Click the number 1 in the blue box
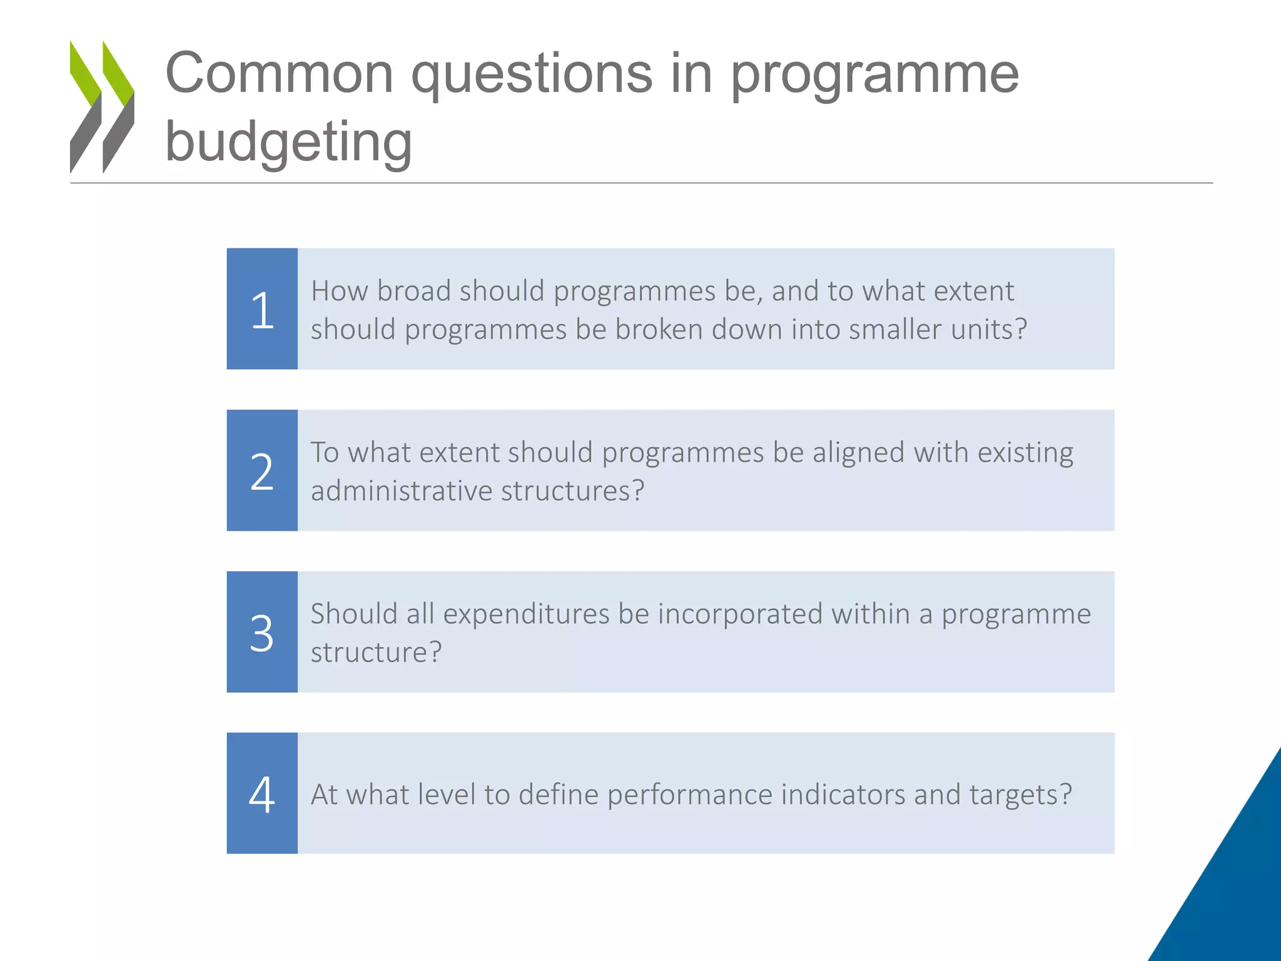click(x=262, y=310)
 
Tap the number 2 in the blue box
click(x=262, y=472)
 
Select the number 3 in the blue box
click(x=262, y=633)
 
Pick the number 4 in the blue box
click(x=262, y=795)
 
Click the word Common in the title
click(x=279, y=74)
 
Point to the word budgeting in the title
click(x=288, y=142)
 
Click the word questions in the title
click(x=532, y=75)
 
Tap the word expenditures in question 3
click(x=526, y=614)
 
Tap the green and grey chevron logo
click(x=102, y=107)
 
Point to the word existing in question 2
click(x=1025, y=453)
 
